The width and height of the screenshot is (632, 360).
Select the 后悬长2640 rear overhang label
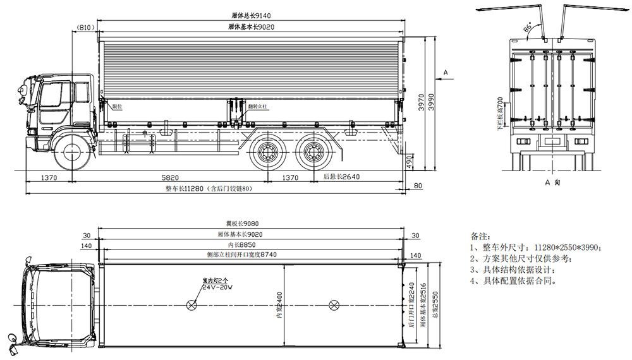(341, 177)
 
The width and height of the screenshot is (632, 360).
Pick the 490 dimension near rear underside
(409, 162)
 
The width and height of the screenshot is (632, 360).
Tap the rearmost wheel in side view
(312, 153)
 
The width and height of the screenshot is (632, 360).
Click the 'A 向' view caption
(552, 182)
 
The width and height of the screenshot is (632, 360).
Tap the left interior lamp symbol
(191, 305)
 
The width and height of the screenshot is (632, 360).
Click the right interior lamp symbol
(332, 305)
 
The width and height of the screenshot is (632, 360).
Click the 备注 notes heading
(480, 234)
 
